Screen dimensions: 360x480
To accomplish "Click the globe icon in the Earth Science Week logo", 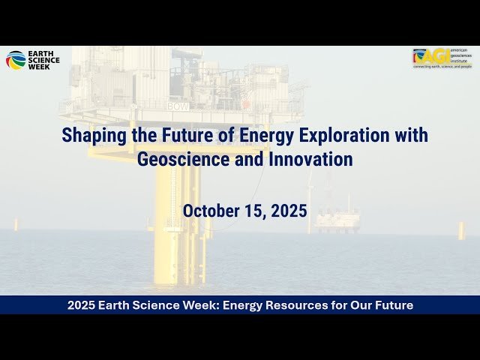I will click(15, 60).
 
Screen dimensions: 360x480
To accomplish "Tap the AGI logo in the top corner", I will click(442, 58).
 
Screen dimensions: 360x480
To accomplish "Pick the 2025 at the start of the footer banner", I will click(81, 305).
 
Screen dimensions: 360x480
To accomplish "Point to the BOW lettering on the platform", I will click(178, 106).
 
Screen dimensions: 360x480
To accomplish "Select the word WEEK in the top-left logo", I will click(38, 66).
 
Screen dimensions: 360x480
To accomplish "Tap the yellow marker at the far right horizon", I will click(461, 230).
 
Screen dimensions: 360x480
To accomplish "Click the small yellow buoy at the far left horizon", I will click(16, 224).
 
